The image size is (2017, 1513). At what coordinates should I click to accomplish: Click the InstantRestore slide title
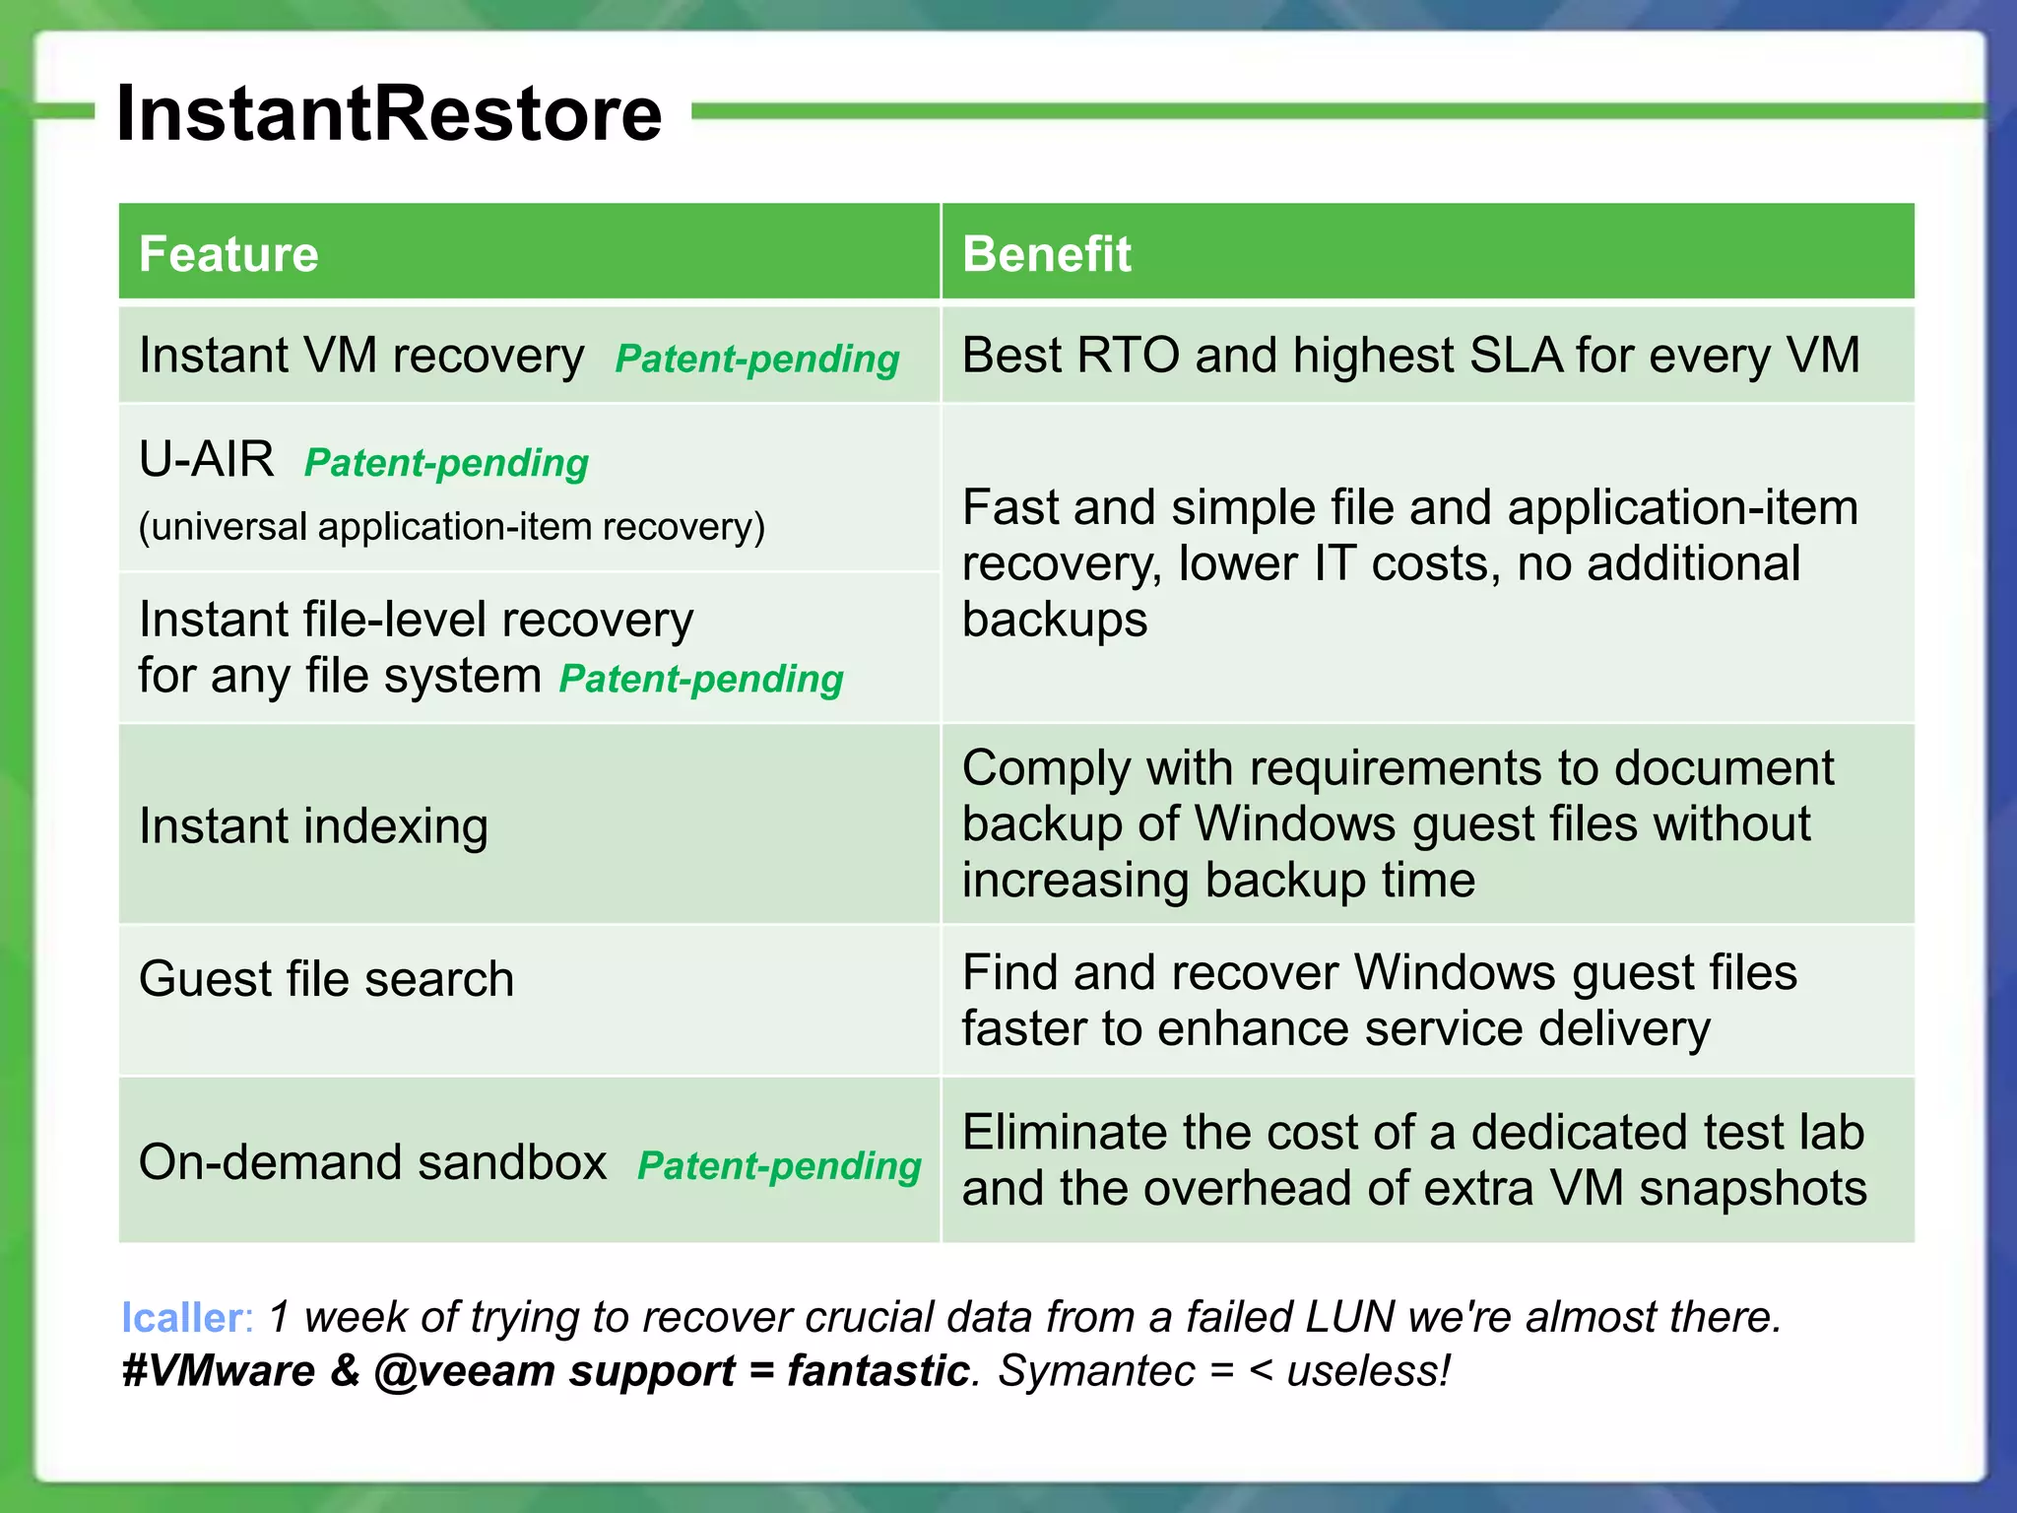click(x=389, y=113)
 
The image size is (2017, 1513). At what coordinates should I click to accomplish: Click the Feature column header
click(x=228, y=254)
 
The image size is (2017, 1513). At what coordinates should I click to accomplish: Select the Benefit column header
click(x=1046, y=254)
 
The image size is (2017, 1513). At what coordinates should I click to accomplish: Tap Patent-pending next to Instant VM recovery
click(x=756, y=359)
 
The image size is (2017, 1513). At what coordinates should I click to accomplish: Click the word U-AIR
click(x=207, y=460)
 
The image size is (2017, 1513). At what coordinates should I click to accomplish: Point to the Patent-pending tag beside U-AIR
click(x=446, y=463)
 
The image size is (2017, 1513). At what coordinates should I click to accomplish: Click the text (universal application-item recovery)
click(x=451, y=527)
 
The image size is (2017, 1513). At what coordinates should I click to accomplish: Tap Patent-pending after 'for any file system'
click(x=701, y=679)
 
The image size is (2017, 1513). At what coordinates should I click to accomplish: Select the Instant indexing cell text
click(x=313, y=825)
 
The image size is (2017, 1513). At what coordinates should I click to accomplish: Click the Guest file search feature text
click(x=326, y=979)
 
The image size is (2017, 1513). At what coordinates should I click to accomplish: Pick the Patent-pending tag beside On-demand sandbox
click(x=779, y=1165)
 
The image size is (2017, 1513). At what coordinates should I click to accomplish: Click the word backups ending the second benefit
click(x=1054, y=621)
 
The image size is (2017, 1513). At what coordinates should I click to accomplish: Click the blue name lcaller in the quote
click(x=182, y=1318)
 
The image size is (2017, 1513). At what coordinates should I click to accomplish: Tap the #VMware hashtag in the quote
click(x=218, y=1371)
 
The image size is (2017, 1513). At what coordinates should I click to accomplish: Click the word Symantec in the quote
click(x=1096, y=1371)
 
